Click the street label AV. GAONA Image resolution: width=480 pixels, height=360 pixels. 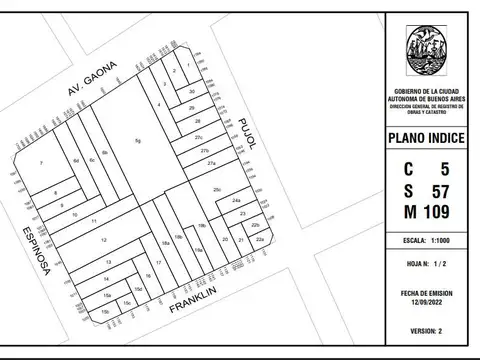91,79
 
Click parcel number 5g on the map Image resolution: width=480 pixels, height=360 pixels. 139,141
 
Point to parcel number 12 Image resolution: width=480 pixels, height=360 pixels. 104,240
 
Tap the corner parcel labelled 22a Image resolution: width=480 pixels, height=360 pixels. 259,240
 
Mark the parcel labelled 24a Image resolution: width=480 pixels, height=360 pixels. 237,202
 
